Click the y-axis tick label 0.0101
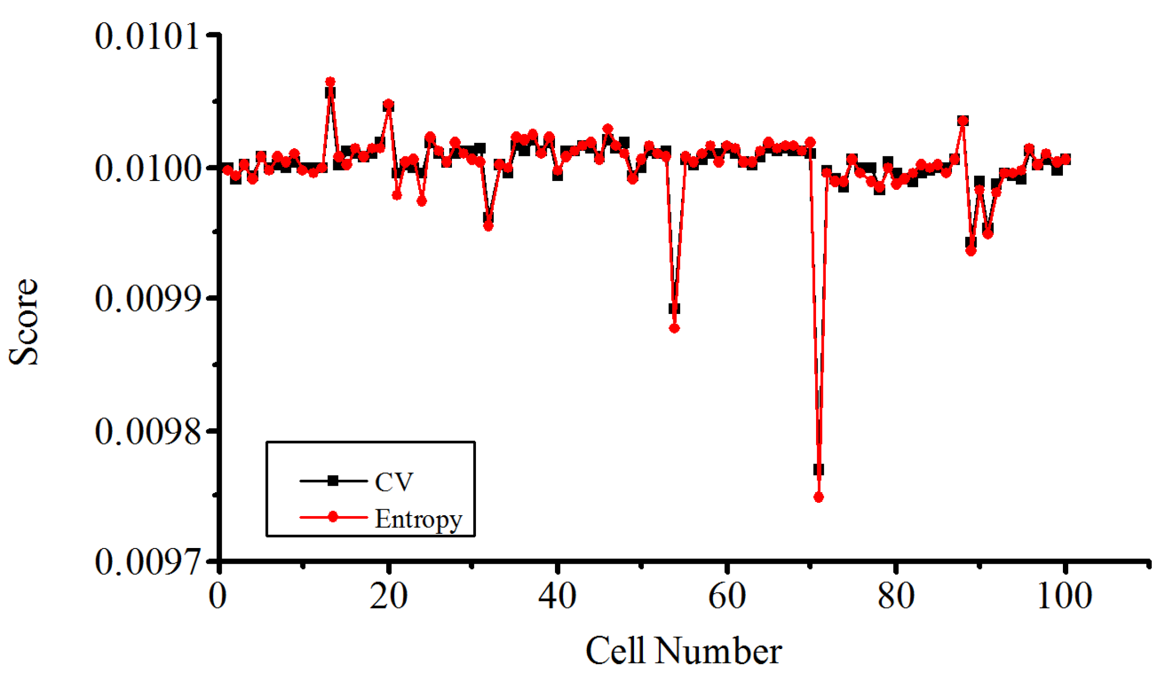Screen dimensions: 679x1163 (x=147, y=36)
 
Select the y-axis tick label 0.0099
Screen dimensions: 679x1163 (x=147, y=299)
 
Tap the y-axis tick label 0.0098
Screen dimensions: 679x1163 (x=147, y=431)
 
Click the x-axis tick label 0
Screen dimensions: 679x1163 (x=218, y=597)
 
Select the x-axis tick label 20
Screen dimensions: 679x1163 (x=388, y=597)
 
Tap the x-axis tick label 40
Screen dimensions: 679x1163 (x=557, y=597)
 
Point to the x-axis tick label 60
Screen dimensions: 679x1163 (x=727, y=597)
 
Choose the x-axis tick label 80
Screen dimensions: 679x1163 (x=896, y=597)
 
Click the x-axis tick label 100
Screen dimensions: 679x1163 (x=1064, y=597)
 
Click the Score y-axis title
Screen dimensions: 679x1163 (x=24, y=322)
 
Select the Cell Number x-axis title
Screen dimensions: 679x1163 (x=684, y=652)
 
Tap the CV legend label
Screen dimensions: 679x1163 (x=394, y=482)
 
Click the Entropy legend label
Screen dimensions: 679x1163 (x=418, y=519)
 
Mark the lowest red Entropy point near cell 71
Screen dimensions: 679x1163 (x=819, y=497)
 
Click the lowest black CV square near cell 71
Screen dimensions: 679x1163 (x=819, y=470)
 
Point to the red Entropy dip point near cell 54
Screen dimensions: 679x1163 (x=674, y=328)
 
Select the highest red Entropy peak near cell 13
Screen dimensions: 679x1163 (x=330, y=81)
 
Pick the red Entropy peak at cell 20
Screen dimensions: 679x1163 (x=389, y=104)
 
